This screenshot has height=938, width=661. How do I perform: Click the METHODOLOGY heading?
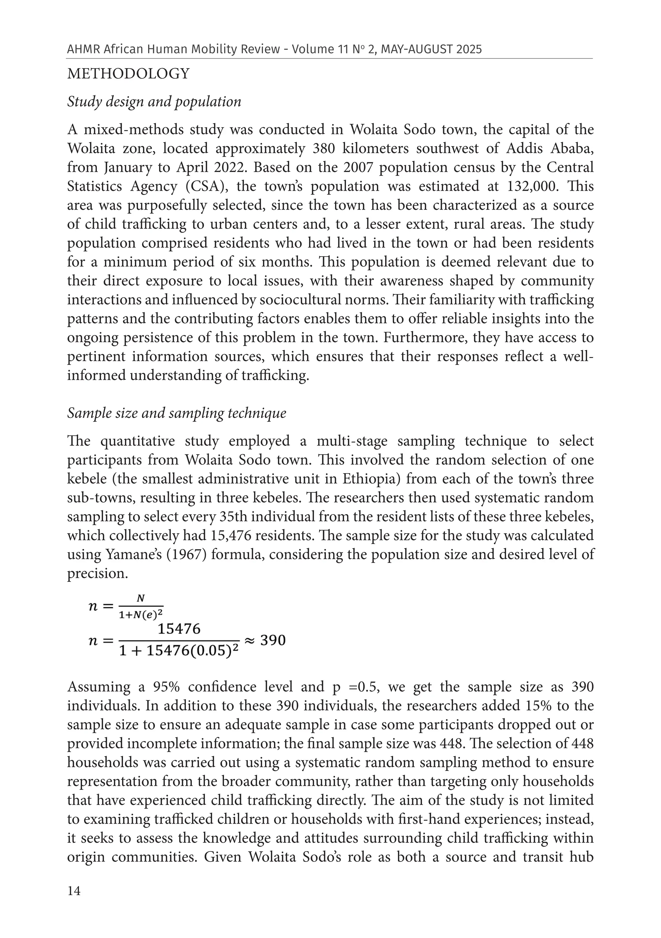point(128,74)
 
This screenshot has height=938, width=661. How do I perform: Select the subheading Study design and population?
point(154,102)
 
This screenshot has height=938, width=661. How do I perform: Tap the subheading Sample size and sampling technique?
point(177,413)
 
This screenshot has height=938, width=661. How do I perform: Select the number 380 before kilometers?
point(323,149)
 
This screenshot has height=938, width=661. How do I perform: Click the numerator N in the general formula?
point(140,598)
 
